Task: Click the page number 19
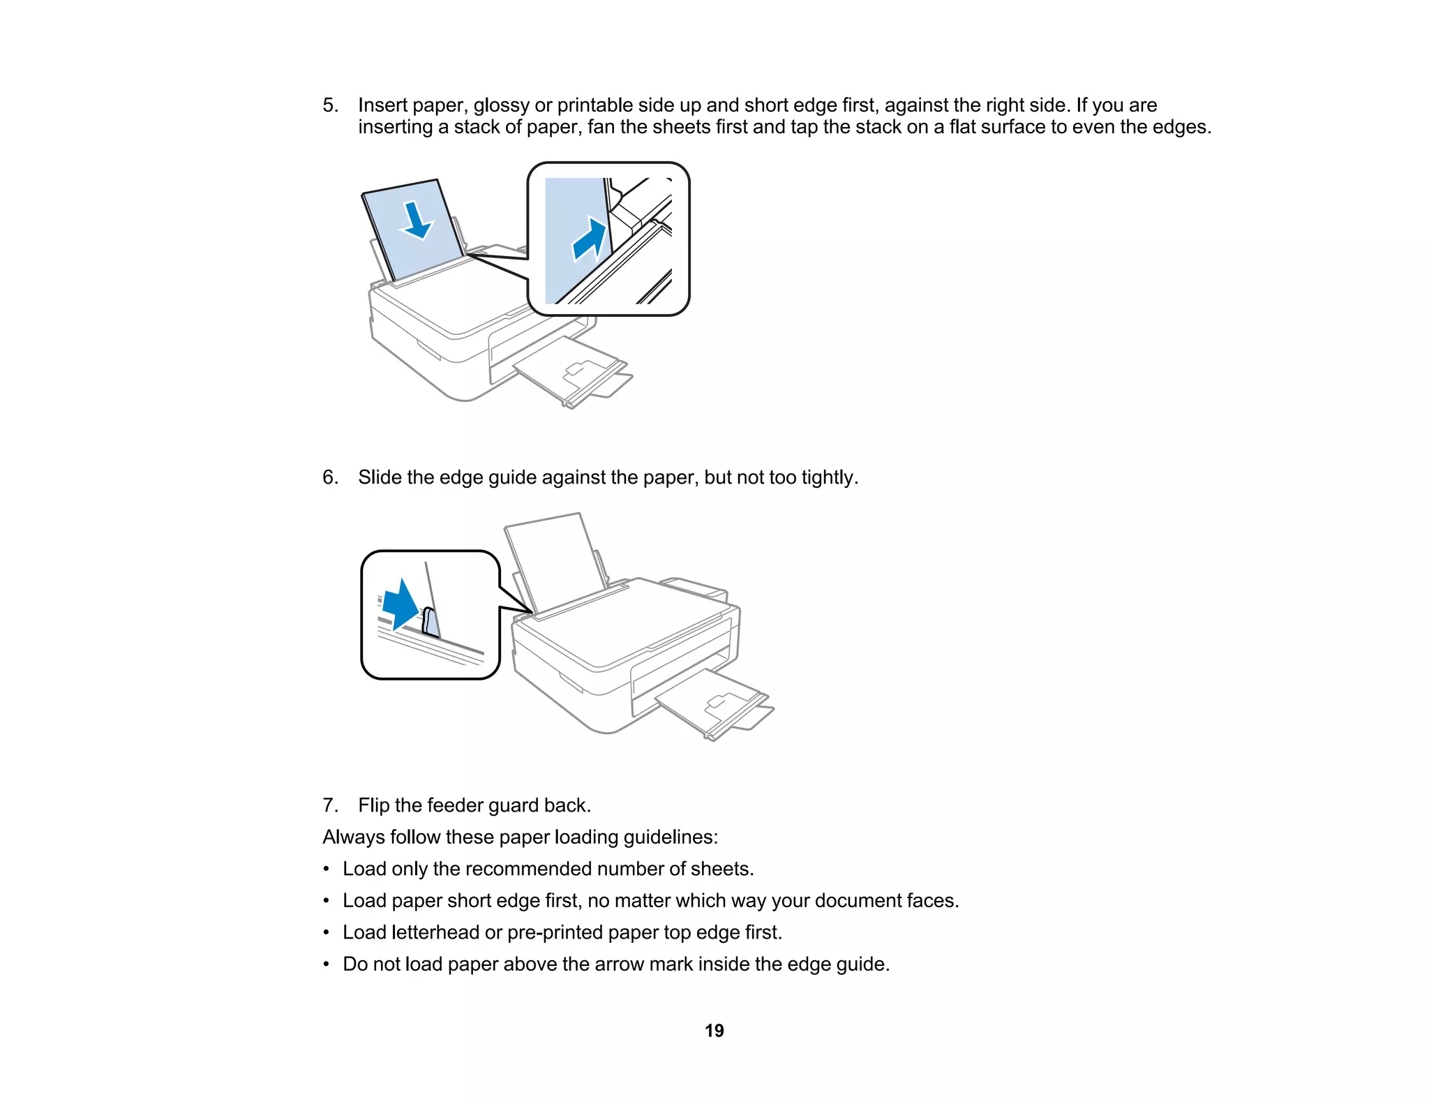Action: [x=714, y=1031]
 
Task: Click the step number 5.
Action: [x=330, y=105]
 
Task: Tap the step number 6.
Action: [x=330, y=477]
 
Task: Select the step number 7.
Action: [x=330, y=805]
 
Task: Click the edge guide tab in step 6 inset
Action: [x=431, y=622]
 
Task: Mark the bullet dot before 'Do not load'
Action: [x=326, y=964]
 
